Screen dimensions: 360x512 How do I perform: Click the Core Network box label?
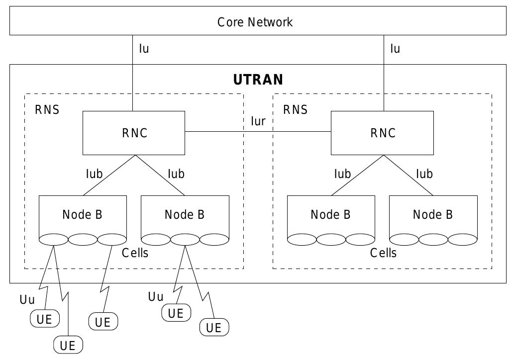point(255,22)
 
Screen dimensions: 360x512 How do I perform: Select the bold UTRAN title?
point(258,80)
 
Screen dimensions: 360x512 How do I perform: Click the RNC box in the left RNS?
point(133,133)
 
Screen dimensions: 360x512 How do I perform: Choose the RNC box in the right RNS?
point(382,133)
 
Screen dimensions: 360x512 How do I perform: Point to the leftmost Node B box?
point(83,214)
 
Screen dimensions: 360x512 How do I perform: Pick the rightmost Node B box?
point(433,214)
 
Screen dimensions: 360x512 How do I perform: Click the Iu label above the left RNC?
point(144,49)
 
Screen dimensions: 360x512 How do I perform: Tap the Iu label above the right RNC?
point(395,49)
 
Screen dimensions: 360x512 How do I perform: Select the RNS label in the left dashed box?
point(47,110)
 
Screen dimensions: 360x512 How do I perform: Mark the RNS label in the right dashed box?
point(296,110)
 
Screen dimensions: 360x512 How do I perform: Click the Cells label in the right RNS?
point(383,253)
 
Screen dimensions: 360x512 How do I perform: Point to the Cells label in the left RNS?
point(135,253)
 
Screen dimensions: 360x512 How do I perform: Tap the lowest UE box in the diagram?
point(68,345)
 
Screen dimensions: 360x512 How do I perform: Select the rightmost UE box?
point(214,328)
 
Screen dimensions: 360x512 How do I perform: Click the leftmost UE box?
point(45,319)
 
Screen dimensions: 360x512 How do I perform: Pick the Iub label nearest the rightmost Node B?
point(424,174)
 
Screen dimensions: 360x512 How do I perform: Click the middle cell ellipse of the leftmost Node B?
point(83,240)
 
